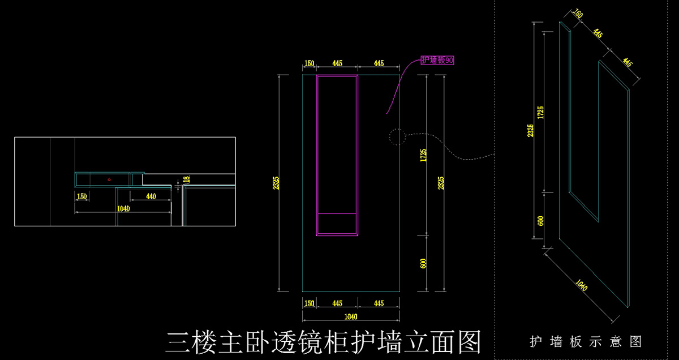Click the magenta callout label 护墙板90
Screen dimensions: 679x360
point(437,60)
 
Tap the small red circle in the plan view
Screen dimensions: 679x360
point(109,180)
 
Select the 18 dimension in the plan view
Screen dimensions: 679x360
point(187,179)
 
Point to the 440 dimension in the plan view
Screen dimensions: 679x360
point(151,196)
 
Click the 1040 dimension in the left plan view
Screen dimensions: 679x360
point(123,209)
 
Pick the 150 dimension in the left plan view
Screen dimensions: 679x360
point(82,196)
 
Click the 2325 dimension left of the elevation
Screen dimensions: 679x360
point(276,183)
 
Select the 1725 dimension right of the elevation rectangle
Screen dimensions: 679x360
point(423,155)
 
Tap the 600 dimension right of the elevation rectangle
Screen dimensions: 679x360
point(423,264)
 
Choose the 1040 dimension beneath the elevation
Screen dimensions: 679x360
point(351,316)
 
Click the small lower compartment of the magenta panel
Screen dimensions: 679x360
point(337,224)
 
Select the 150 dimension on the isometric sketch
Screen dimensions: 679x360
point(578,14)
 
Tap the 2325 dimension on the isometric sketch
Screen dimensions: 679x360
point(530,130)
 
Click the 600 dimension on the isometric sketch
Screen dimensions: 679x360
point(540,221)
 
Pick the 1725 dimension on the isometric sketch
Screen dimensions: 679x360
point(540,112)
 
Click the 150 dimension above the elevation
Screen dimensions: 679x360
point(309,63)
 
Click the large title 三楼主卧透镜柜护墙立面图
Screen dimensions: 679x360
point(324,342)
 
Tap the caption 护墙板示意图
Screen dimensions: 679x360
point(586,342)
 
